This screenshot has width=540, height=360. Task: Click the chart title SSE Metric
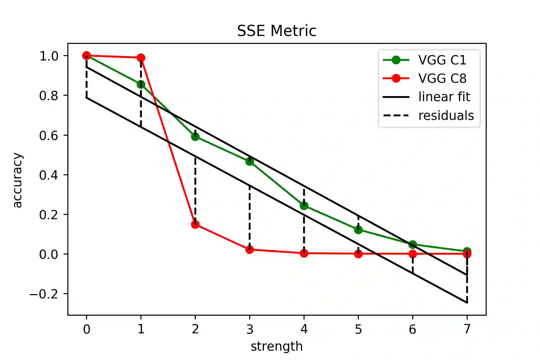click(x=276, y=31)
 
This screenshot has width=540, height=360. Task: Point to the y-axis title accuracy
click(x=17, y=180)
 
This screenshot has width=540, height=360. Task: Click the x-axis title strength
click(x=276, y=346)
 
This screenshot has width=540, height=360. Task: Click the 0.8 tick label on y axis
click(x=49, y=96)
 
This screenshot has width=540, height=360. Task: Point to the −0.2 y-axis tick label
click(x=44, y=294)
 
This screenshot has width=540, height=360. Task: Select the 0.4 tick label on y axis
click(x=49, y=175)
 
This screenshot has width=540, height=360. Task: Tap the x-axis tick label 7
click(x=467, y=329)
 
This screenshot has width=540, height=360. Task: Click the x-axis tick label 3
click(x=249, y=329)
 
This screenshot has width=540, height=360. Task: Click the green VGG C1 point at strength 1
click(x=141, y=85)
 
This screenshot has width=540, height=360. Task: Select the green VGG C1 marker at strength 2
click(x=195, y=136)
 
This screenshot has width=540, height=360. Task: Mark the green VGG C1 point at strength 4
click(x=304, y=206)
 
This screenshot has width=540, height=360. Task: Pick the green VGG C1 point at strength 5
click(x=358, y=230)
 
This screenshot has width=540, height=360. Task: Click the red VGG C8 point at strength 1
click(x=141, y=58)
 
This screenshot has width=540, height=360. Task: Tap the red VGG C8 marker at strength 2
click(x=195, y=225)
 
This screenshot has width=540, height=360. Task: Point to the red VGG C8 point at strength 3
click(x=249, y=249)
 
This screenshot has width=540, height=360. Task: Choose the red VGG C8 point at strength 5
click(x=358, y=254)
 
